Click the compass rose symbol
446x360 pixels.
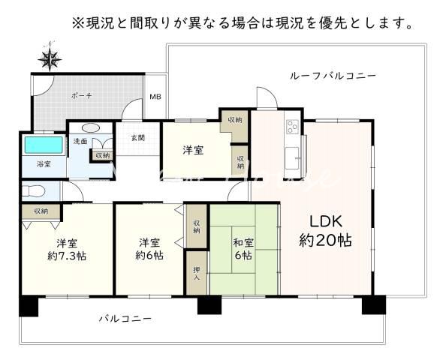pyautogui.click(x=50, y=58)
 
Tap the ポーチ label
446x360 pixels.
pyautogui.click(x=82, y=96)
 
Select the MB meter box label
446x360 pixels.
pyautogui.click(x=155, y=97)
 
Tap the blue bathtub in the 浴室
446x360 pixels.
pyautogui.click(x=44, y=144)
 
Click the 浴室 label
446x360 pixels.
pyautogui.click(x=44, y=163)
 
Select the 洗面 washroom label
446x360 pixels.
pyautogui.click(x=80, y=140)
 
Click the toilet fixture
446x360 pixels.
pyautogui.click(x=38, y=190)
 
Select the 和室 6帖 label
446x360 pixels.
pyautogui.click(x=243, y=248)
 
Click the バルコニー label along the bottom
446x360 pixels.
pyautogui.click(x=126, y=319)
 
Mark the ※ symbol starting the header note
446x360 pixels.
pyautogui.click(x=77, y=22)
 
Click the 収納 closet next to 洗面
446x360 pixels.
pyautogui.click(x=101, y=155)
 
